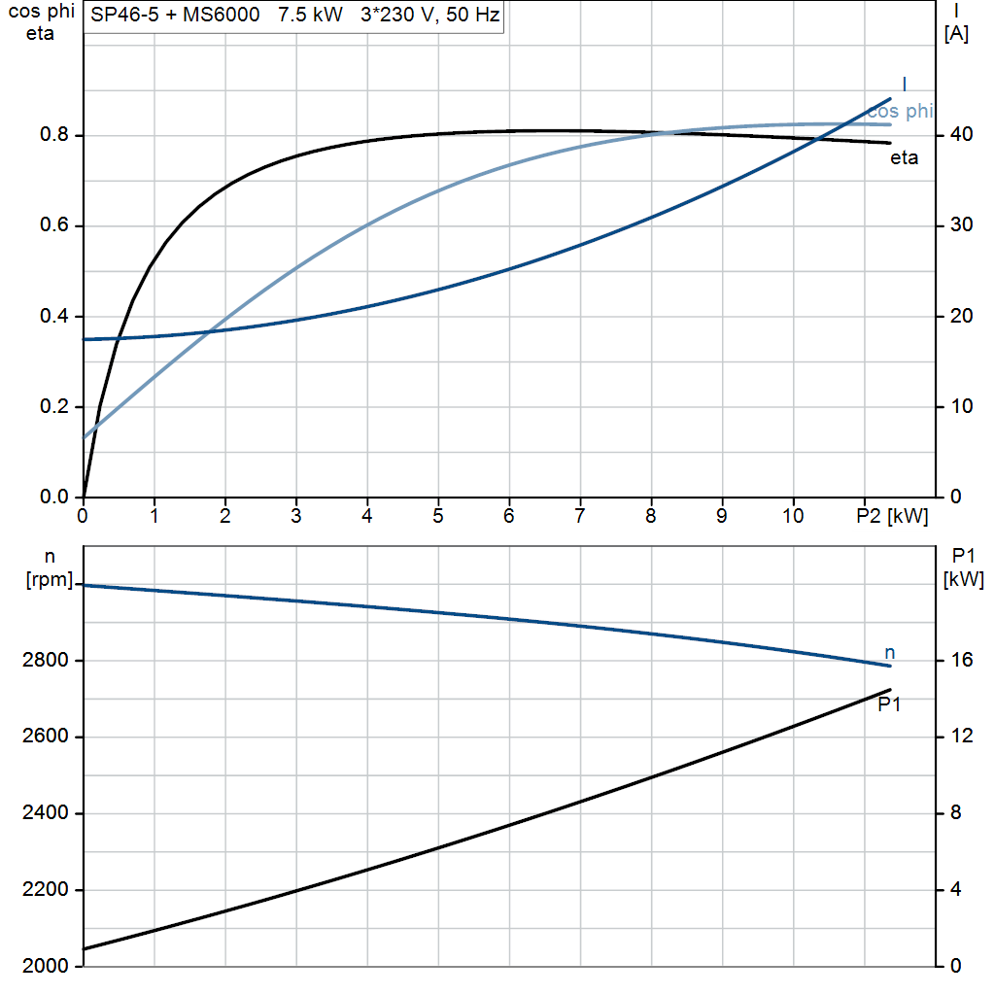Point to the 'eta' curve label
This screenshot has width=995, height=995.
[x=904, y=158]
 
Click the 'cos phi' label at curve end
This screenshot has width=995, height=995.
[x=899, y=112]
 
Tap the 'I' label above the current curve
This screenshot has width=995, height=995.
[x=905, y=84]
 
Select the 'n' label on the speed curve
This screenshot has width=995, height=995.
[x=889, y=652]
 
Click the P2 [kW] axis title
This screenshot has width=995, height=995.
[x=892, y=516]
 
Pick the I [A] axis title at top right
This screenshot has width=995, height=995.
[x=956, y=23]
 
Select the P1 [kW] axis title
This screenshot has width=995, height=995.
[x=964, y=567]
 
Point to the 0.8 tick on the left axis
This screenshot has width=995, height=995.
[x=53, y=135]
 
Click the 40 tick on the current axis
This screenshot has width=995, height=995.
[x=961, y=135]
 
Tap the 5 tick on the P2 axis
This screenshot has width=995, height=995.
[x=438, y=516]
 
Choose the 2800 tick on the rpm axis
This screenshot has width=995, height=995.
[x=47, y=661]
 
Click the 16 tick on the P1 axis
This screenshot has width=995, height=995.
[x=961, y=661]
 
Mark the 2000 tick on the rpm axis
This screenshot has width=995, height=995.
[x=47, y=967]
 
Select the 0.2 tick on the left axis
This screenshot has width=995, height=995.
[x=53, y=407]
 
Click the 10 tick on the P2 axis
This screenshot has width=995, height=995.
[x=793, y=516]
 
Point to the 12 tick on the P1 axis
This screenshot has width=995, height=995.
[x=961, y=737]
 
